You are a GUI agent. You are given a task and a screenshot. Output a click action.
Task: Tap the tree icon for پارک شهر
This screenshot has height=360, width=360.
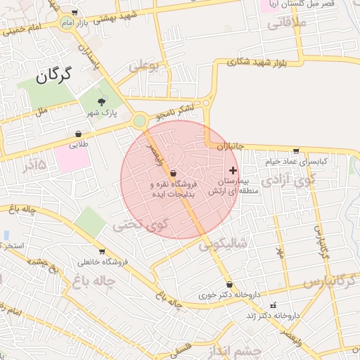tap(104, 101)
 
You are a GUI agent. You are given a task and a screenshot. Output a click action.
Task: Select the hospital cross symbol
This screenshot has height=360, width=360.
tap(233, 170)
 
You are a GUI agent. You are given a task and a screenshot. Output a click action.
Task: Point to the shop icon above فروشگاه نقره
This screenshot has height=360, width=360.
tap(173, 173)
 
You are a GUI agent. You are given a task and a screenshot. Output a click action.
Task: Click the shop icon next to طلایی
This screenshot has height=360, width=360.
tap(78, 134)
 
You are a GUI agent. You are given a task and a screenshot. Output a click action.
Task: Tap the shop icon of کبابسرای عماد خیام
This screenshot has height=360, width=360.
tap(295, 150)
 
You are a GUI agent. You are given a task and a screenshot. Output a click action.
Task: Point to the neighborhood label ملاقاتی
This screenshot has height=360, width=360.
tap(285, 23)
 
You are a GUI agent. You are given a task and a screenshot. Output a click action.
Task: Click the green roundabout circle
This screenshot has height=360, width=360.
tap(140, 121)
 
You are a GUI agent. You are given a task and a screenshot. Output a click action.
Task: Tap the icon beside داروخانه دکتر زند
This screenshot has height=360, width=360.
tap(274, 305)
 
